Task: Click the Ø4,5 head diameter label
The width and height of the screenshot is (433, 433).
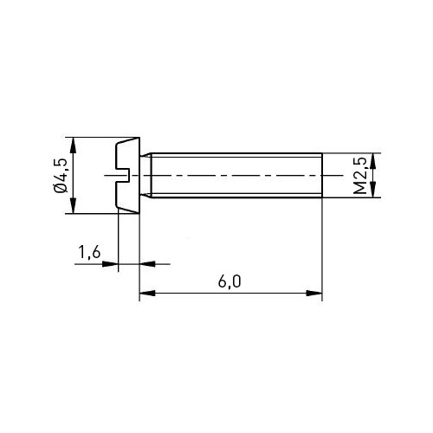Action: tap(60, 176)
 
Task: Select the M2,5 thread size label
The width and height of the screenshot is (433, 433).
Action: tap(360, 176)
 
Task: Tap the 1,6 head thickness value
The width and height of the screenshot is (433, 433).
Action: tap(89, 252)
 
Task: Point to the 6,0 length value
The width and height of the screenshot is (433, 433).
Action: tap(229, 281)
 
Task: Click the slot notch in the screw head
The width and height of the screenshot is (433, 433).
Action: tap(123, 176)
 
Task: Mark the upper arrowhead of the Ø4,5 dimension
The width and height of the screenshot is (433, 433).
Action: tap(74, 145)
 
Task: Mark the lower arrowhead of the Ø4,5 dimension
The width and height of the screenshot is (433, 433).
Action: tap(74, 205)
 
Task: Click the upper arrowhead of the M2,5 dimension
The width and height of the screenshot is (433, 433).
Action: tap(373, 161)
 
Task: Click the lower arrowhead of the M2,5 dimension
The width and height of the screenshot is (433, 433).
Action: tap(373, 190)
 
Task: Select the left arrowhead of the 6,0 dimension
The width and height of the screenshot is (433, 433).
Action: tap(147, 293)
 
